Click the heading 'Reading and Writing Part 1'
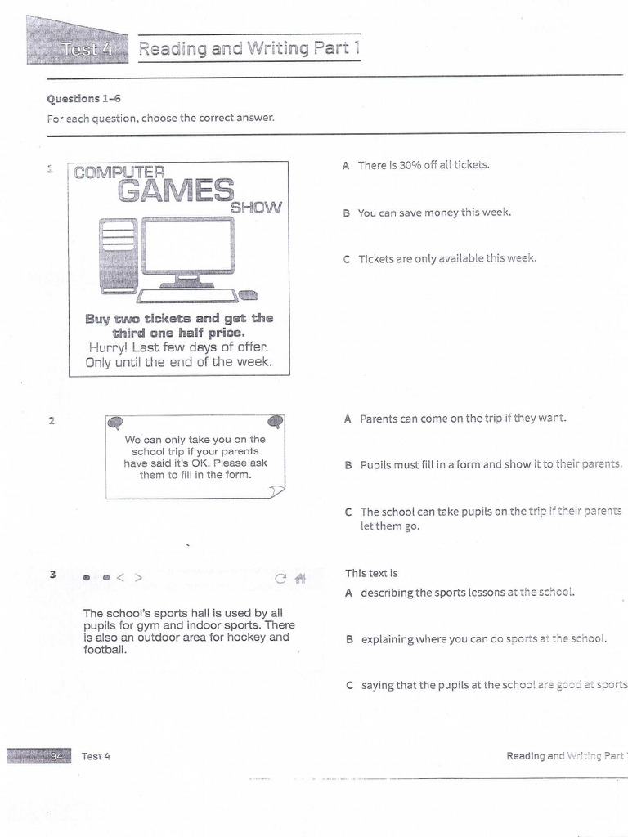click(x=249, y=48)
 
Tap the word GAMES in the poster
click(x=176, y=190)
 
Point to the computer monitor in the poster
click(x=187, y=248)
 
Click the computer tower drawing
click(x=117, y=255)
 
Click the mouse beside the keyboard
click(x=248, y=295)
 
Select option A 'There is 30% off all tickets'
click(x=423, y=165)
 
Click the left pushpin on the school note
click(x=116, y=423)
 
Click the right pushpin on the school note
click(x=276, y=422)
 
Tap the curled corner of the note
click(x=276, y=490)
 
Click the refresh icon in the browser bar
click(x=280, y=579)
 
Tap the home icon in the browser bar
click(x=300, y=579)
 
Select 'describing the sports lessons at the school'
click(x=467, y=593)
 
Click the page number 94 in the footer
click(x=56, y=756)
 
